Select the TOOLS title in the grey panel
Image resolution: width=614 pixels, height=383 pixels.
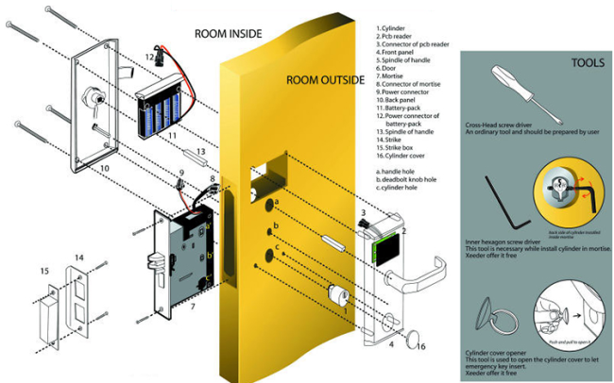click(588, 65)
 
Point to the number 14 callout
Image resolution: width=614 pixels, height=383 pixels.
click(78, 257)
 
